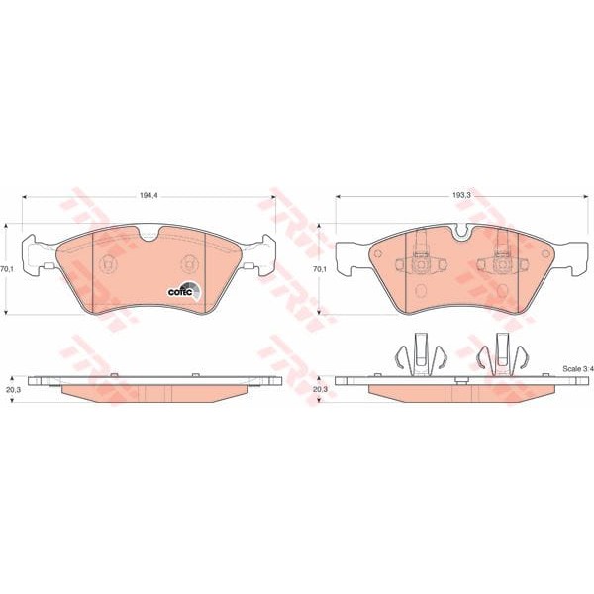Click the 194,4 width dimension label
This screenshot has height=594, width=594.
tap(148, 195)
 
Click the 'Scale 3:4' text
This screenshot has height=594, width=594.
tap(577, 369)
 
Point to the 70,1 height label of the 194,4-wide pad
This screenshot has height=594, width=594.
tap(5, 269)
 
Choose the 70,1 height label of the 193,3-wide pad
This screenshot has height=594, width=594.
tap(318, 269)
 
